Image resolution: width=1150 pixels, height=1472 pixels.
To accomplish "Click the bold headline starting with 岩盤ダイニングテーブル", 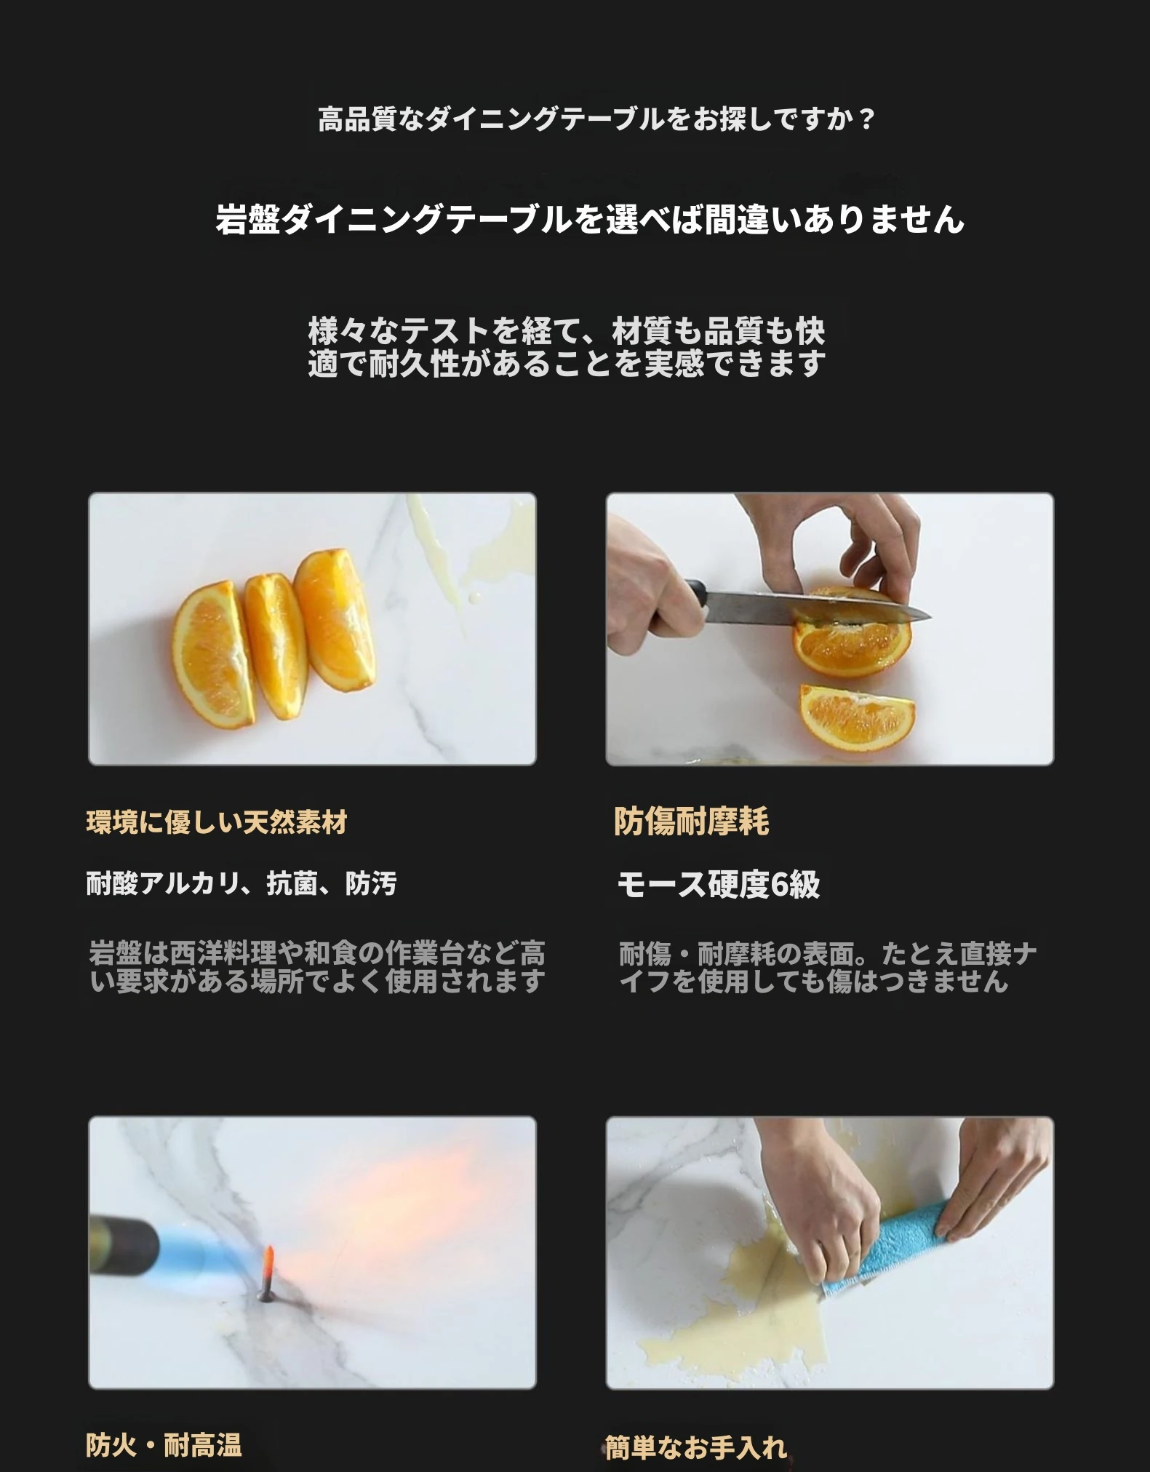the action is [590, 219].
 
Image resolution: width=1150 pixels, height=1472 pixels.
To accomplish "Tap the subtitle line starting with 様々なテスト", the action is [567, 332].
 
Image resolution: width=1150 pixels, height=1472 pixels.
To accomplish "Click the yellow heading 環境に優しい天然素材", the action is [217, 823].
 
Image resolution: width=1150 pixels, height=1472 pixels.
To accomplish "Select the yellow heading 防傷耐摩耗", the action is [692, 821].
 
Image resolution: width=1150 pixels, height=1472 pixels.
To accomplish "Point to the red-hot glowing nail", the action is [266, 1273].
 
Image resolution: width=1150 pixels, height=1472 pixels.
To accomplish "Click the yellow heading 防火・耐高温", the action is [164, 1444].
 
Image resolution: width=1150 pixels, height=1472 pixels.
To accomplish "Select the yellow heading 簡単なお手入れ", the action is [696, 1447].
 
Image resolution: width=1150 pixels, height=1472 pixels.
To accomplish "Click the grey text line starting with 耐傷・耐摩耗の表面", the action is [828, 953].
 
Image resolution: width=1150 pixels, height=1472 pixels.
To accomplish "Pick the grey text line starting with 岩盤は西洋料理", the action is [316, 953].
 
